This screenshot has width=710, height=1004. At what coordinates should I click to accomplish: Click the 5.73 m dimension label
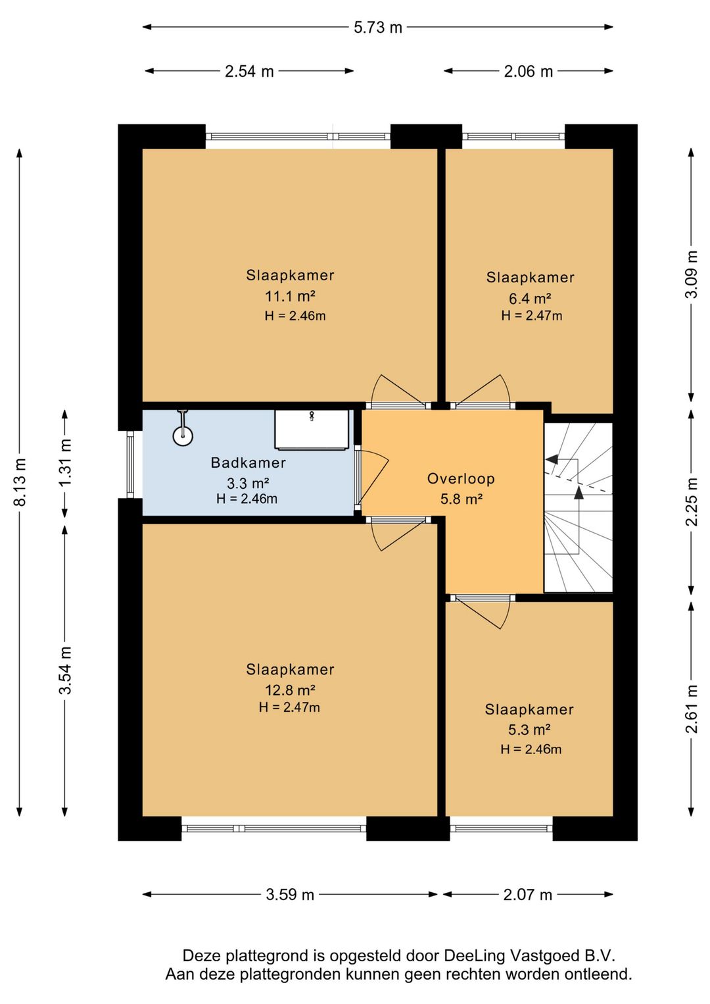(377, 28)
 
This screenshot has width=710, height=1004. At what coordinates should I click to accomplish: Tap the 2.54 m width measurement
(249, 71)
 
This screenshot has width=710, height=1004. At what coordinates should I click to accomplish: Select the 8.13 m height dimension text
(20, 482)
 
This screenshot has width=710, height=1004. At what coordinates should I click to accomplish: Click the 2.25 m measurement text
(692, 502)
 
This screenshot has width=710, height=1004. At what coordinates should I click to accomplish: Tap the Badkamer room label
(248, 463)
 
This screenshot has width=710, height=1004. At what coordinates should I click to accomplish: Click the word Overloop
(460, 479)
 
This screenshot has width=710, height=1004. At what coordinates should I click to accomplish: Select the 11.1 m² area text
(291, 296)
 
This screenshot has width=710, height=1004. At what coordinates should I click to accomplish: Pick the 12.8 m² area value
(291, 690)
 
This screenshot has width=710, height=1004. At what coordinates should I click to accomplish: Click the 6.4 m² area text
(530, 298)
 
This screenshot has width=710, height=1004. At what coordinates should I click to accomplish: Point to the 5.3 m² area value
(529, 730)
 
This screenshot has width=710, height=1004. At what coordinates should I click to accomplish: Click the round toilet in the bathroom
(183, 435)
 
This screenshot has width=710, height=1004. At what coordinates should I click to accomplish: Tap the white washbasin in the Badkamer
(312, 429)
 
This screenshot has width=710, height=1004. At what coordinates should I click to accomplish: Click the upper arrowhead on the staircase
(552, 459)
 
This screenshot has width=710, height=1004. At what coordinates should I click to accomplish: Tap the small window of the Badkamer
(130, 464)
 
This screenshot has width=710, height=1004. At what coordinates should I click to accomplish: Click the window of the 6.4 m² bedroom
(513, 136)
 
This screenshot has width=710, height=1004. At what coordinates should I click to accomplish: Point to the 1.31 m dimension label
(65, 463)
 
